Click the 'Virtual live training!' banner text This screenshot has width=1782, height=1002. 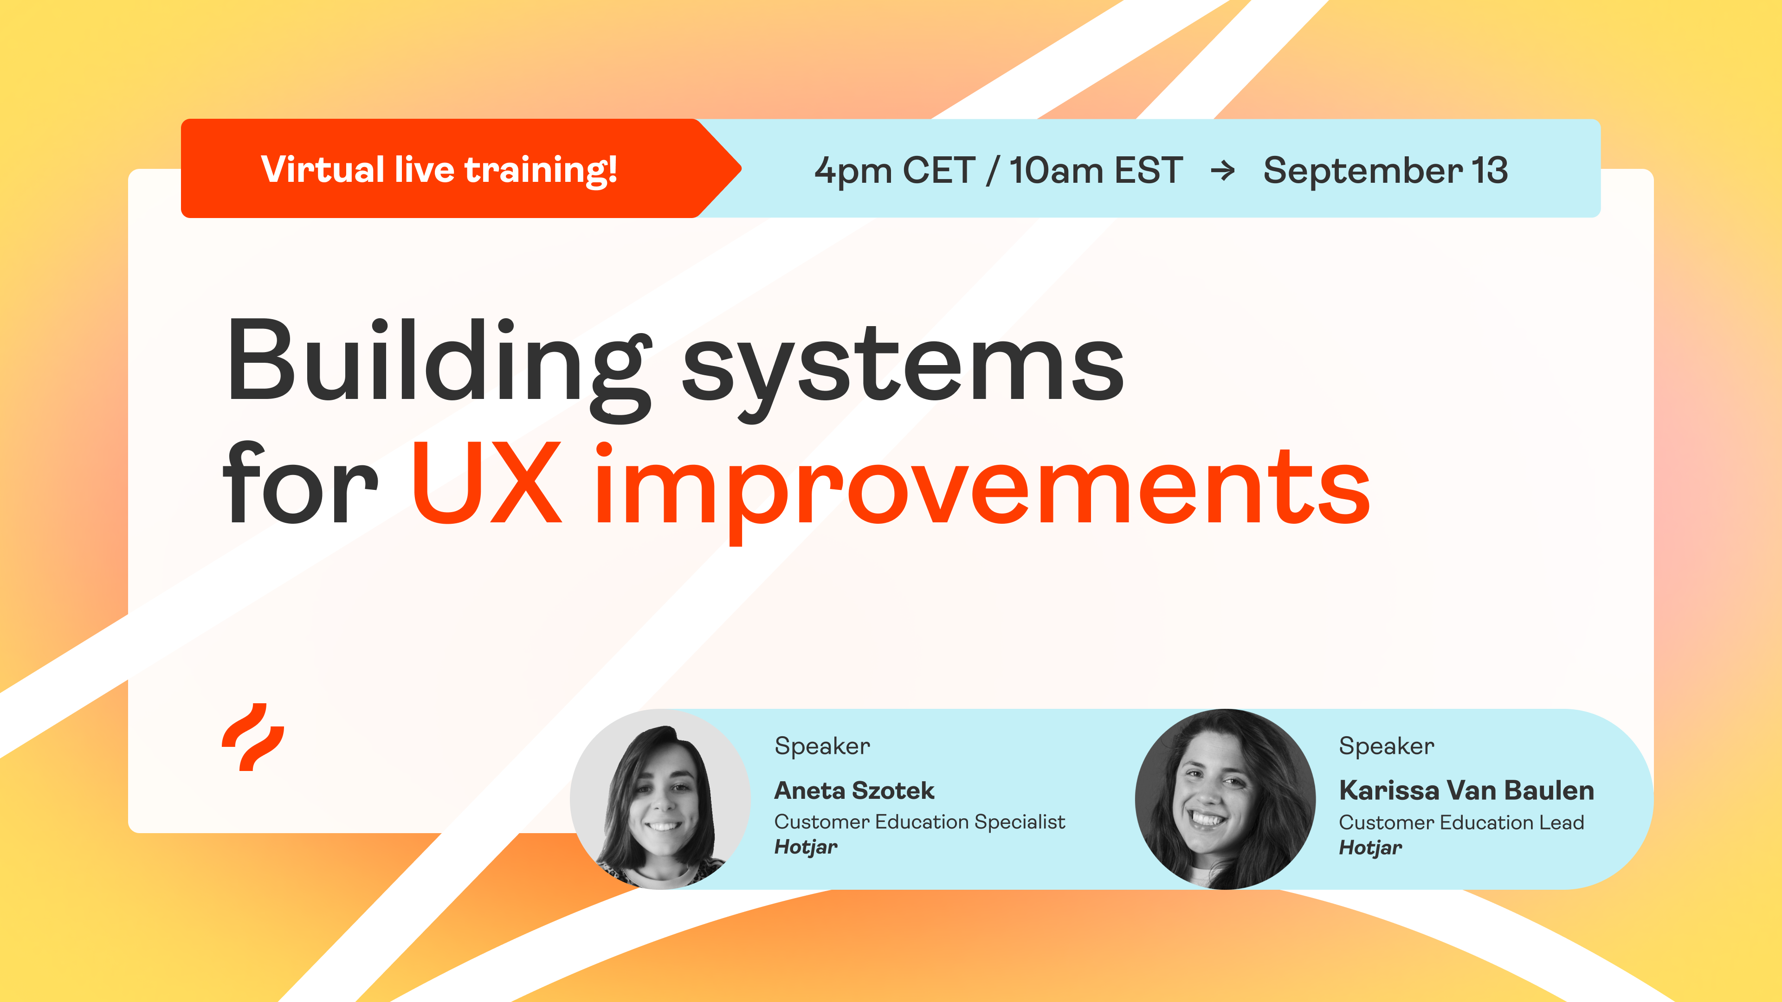[439, 169]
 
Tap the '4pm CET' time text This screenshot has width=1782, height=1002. [894, 170]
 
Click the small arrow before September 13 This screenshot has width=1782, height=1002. [1222, 170]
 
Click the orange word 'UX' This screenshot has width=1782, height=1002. [486, 484]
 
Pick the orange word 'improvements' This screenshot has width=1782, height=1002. [982, 488]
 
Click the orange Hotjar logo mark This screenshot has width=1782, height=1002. [253, 737]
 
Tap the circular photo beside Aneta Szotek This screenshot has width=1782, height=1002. [660, 799]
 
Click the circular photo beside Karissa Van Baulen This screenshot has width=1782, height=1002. [1225, 799]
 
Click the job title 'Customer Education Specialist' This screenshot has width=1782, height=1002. [919, 822]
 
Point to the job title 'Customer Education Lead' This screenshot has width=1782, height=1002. [1461, 822]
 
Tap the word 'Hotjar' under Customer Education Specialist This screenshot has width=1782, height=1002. [805, 847]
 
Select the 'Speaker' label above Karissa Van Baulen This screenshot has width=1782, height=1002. [1386, 745]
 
